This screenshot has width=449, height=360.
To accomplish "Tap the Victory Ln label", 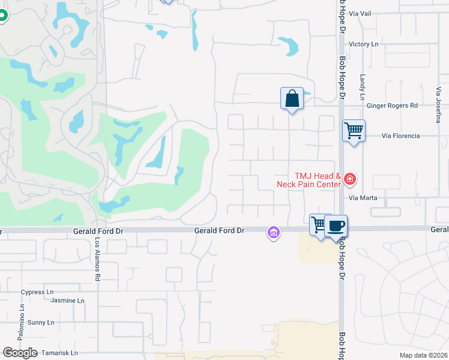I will pyautogui.click(x=363, y=44).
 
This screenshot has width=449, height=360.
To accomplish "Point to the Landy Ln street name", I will pyautogui.click(x=363, y=87).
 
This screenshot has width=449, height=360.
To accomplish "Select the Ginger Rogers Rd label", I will pyautogui.click(x=391, y=106).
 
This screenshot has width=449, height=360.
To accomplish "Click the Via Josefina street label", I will pyautogui.click(x=439, y=106).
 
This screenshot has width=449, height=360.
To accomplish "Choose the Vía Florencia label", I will pyautogui.click(x=400, y=136).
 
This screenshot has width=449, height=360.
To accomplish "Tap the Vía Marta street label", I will pyautogui.click(x=363, y=197).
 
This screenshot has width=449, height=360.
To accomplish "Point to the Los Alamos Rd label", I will pyautogui.click(x=97, y=259).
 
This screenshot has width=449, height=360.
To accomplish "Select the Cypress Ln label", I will pyautogui.click(x=37, y=292).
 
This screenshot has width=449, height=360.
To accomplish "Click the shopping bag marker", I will pyautogui.click(x=292, y=98).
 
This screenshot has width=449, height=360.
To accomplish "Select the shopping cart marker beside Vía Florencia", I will pyautogui.click(x=354, y=130).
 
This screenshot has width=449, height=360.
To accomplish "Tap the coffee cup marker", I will pyautogui.click(x=336, y=226).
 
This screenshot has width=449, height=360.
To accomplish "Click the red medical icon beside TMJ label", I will pyautogui.click(x=349, y=179).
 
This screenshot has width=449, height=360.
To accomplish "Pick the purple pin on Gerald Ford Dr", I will pyautogui.click(x=274, y=232).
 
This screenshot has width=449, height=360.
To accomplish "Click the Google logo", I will pyautogui.click(x=21, y=353).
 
